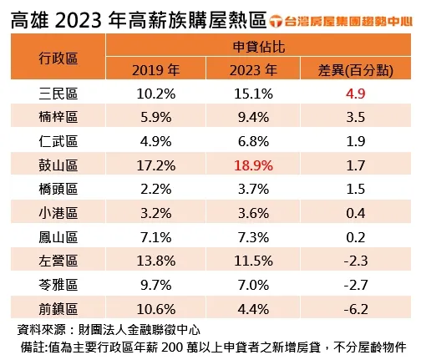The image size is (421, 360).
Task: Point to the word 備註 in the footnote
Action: click(x=38, y=346)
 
